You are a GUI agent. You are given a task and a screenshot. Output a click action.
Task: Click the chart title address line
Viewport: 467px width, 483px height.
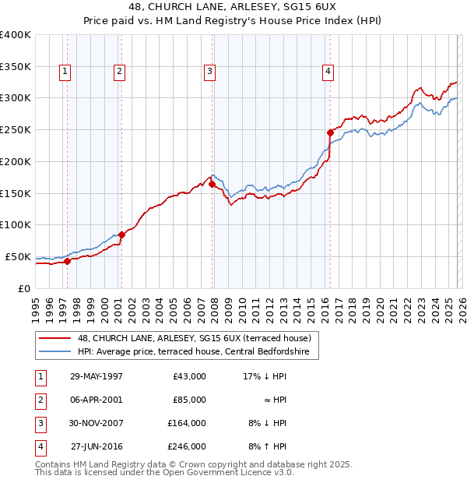[233, 5]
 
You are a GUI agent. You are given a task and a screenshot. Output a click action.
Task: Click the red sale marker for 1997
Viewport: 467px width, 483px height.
[68, 261]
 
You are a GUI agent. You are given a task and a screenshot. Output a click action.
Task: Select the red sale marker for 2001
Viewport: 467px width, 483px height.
[121, 234]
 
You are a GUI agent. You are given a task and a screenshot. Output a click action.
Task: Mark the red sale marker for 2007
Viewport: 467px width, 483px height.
[212, 185]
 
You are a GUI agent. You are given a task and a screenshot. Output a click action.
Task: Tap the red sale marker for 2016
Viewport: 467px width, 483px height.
[330, 132]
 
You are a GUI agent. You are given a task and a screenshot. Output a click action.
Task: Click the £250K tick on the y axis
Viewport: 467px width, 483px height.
[16, 130]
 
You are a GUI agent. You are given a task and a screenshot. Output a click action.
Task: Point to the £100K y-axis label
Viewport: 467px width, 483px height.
[16, 225]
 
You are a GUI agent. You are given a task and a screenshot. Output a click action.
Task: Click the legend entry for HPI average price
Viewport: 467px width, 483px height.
[193, 352]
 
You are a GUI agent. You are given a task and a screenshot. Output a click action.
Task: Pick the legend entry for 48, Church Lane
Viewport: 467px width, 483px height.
[194, 338]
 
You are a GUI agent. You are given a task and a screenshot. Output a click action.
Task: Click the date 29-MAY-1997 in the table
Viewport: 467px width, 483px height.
[96, 376]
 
